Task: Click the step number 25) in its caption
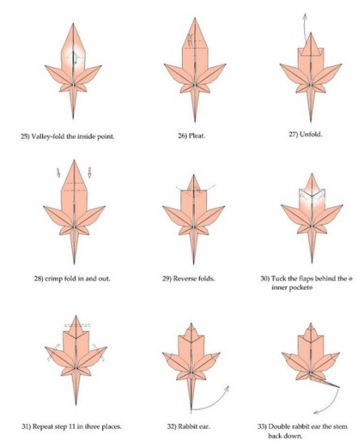tap(25, 137)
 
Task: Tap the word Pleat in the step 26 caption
tap(197, 136)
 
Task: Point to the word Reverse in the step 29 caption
tap(184, 278)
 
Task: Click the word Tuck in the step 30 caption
tap(278, 278)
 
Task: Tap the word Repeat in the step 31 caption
tap(43, 426)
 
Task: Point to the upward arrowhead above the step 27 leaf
tap(305, 15)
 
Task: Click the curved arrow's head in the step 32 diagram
tap(226, 388)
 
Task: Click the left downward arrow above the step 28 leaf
tap(58, 172)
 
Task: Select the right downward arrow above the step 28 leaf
tap(90, 172)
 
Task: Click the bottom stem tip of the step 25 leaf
tap(73, 118)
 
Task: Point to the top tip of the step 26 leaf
tap(195, 19)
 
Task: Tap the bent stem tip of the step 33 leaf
tap(339, 387)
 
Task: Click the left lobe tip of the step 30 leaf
tap(281, 206)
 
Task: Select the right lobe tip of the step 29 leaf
tap(224, 206)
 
